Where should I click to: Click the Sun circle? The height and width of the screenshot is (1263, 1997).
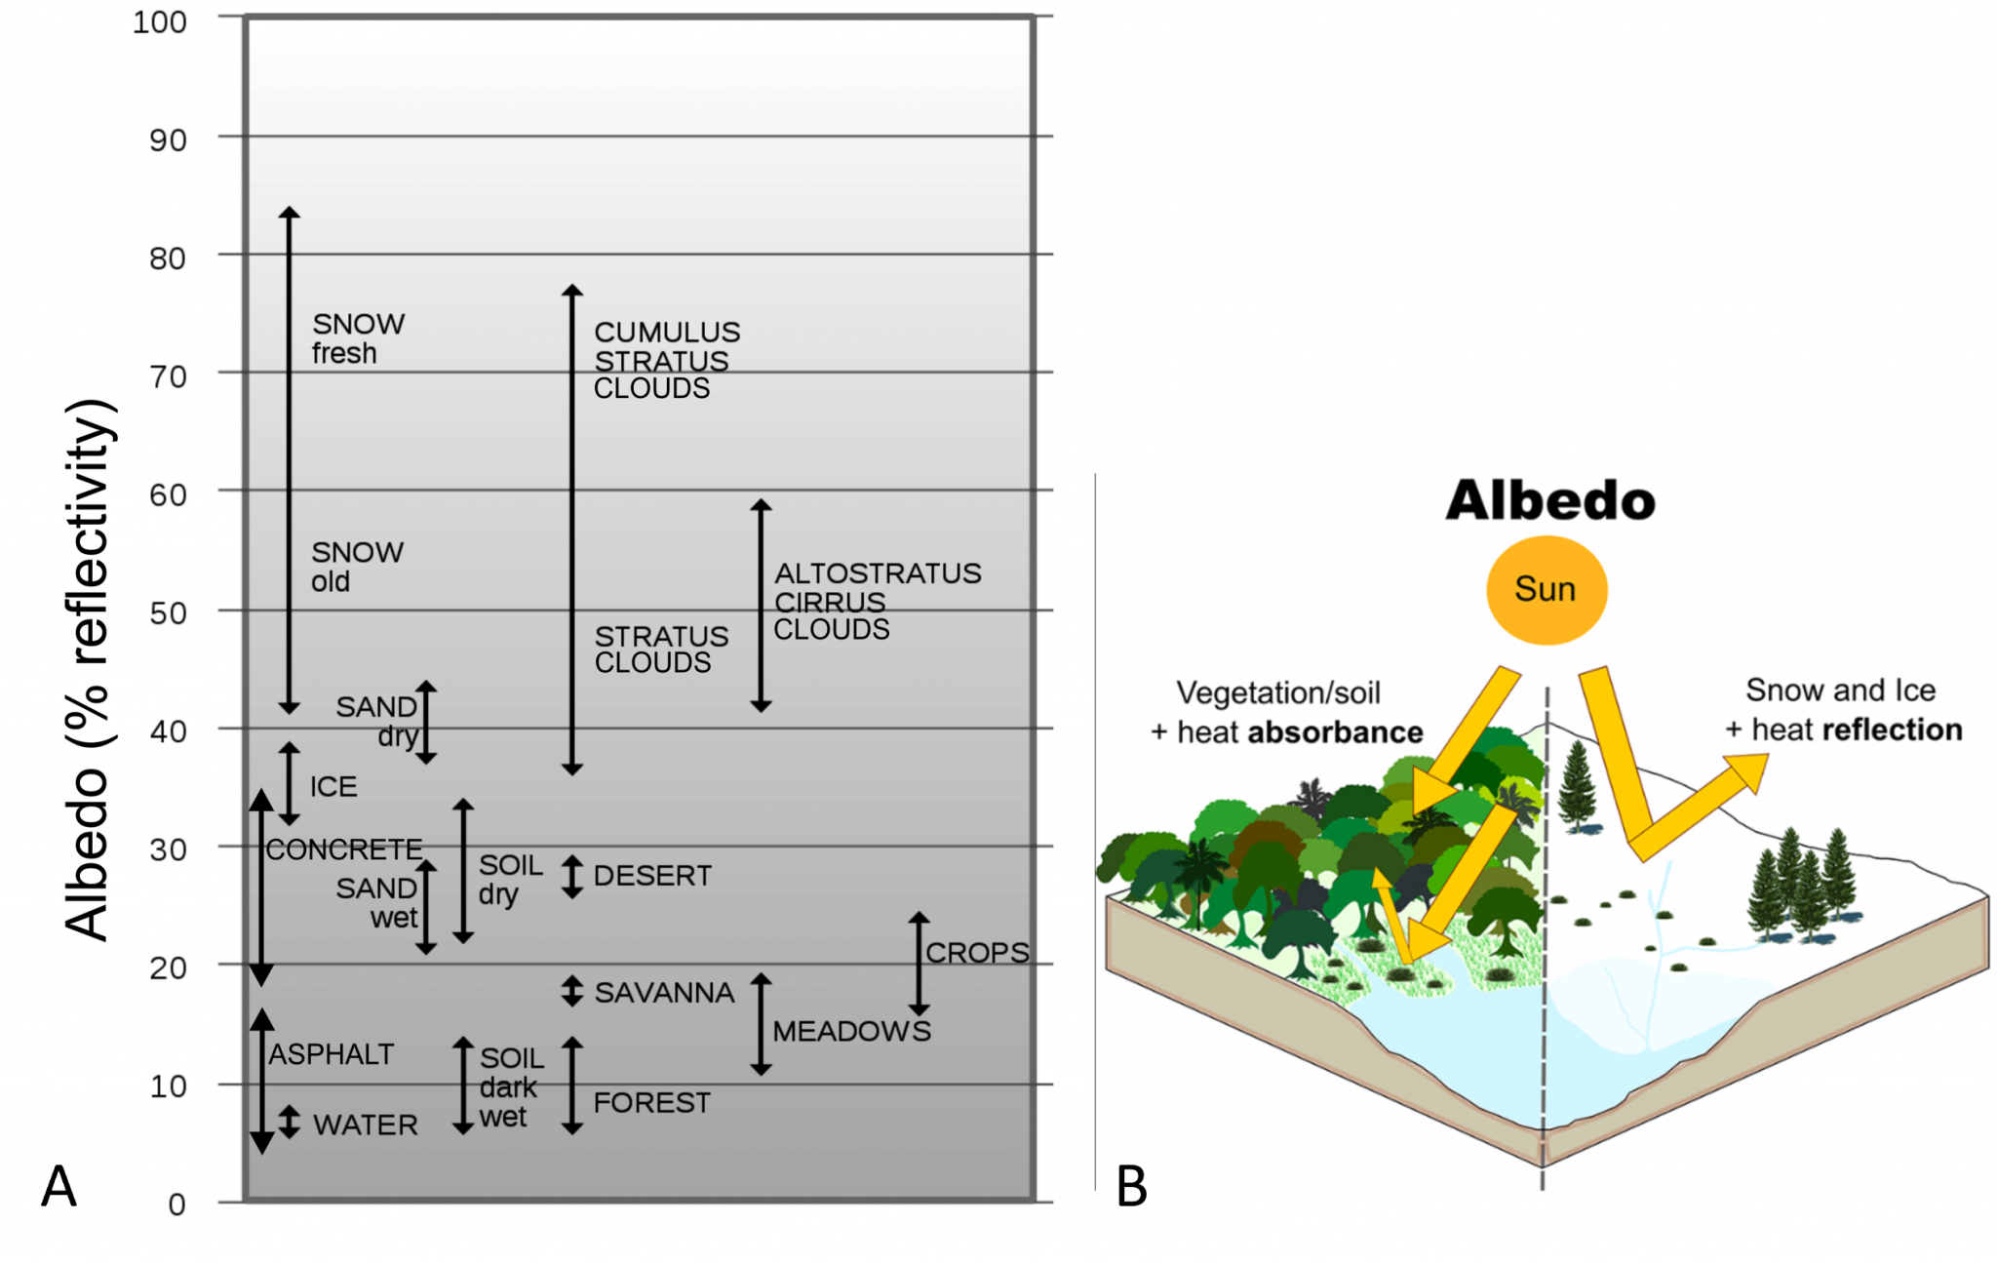(x=1546, y=590)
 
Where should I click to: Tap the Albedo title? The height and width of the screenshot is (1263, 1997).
(x=1549, y=501)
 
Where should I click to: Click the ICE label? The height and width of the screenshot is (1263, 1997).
(x=333, y=787)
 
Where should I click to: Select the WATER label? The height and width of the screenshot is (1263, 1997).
(x=365, y=1125)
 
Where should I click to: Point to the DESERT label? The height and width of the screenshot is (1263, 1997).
(x=652, y=876)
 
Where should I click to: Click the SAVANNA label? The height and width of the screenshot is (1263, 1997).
(x=664, y=993)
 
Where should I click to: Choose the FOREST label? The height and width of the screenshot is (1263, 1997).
(x=651, y=1103)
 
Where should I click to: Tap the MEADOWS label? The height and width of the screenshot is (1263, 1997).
(x=851, y=1031)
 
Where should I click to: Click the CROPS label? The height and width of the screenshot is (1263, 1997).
(x=976, y=953)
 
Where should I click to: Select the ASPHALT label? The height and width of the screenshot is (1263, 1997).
(x=332, y=1054)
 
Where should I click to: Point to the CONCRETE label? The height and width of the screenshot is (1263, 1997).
(x=344, y=849)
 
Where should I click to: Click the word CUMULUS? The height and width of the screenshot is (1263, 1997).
(x=667, y=333)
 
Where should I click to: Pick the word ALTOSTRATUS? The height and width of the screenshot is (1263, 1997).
(x=878, y=573)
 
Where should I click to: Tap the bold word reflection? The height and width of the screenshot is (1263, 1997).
(x=1892, y=730)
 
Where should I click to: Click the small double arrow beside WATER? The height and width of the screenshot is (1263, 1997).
(x=290, y=1122)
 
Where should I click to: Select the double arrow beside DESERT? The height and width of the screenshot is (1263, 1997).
(x=572, y=876)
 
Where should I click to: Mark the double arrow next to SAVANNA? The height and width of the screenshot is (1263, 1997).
(x=572, y=992)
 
